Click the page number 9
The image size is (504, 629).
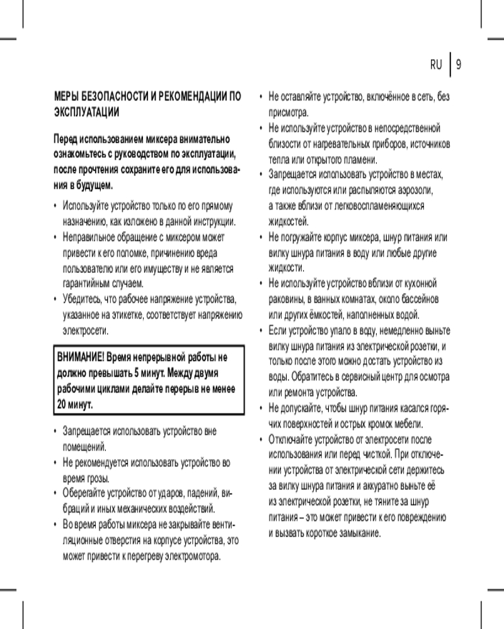point(459,64)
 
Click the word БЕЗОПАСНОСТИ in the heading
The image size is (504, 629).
point(110,97)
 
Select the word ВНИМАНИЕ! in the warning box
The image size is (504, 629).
point(81,357)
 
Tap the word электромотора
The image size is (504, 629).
point(190,557)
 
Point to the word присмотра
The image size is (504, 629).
point(289,113)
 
